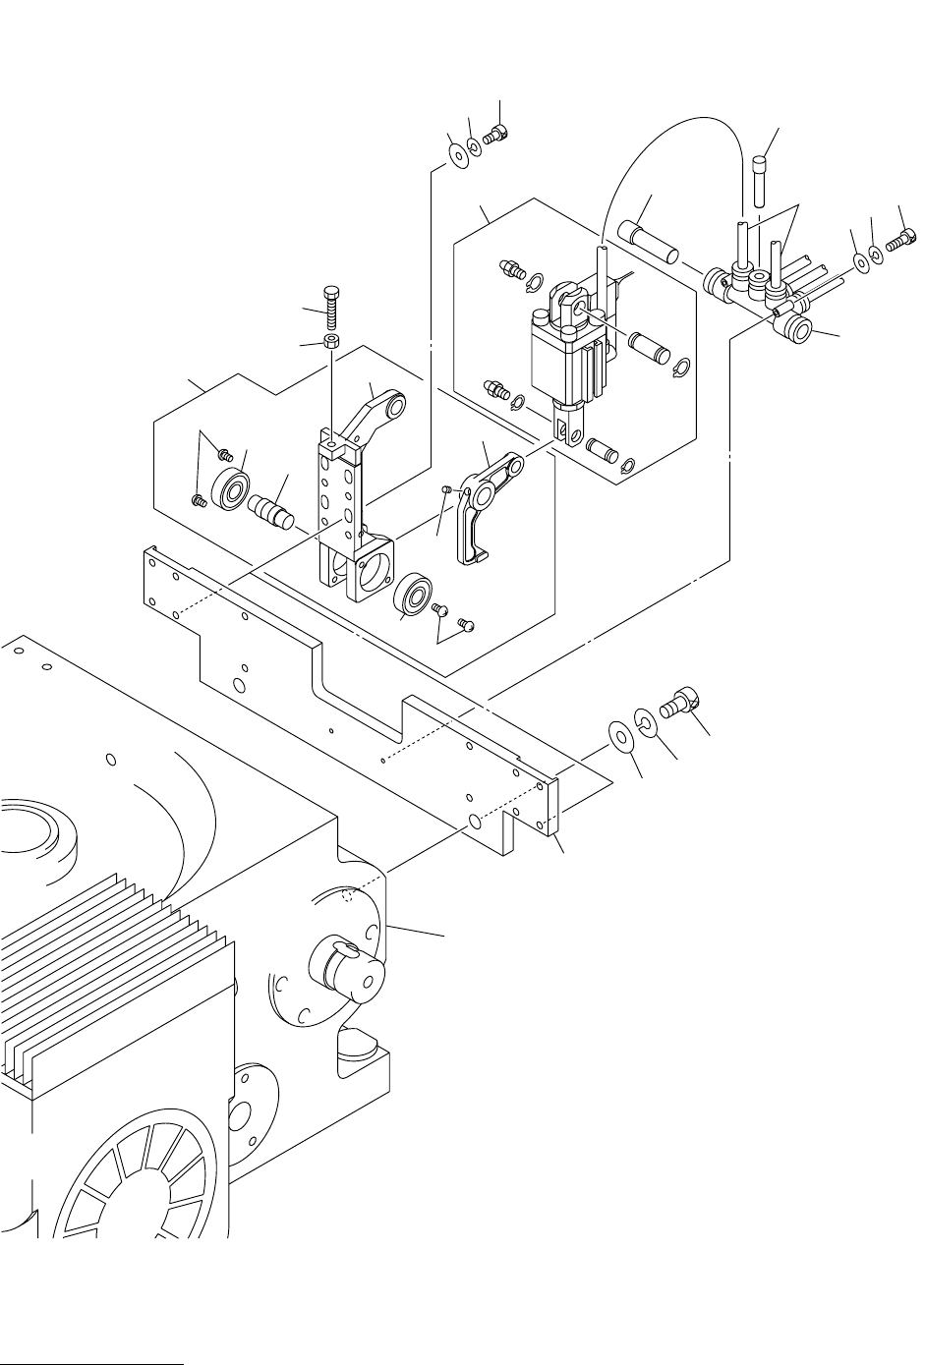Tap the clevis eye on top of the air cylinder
[573, 302]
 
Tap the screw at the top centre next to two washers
[496, 133]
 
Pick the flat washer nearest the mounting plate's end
[620, 737]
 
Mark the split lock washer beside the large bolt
[644, 721]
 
